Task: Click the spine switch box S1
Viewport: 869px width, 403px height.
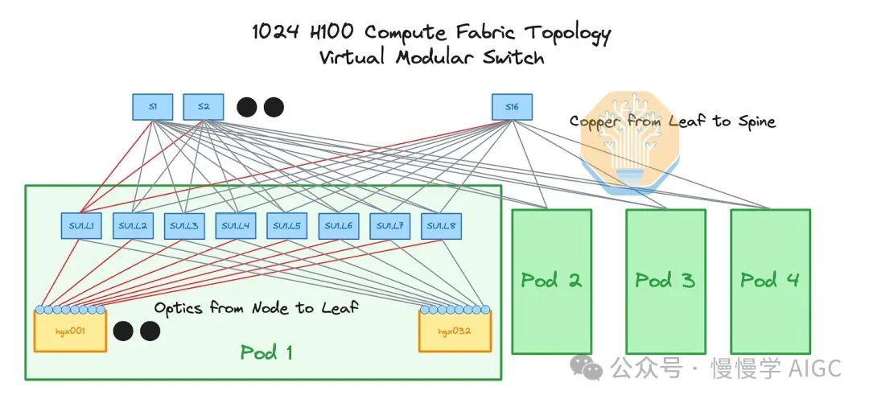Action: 152,107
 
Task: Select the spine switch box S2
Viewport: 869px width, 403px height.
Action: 204,107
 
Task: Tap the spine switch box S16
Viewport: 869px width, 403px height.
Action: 512,107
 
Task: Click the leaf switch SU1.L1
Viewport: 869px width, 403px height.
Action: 81,226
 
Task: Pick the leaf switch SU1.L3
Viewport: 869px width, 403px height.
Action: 184,226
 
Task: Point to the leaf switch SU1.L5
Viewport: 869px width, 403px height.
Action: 287,226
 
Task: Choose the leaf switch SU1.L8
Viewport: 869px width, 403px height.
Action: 441,226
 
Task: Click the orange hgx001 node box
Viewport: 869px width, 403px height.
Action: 70,331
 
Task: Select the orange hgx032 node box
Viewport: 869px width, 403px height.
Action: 455,331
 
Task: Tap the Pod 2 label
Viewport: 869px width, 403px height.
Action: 551,280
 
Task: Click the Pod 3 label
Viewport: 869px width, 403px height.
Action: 665,280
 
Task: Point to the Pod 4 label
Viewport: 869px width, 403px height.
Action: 770,280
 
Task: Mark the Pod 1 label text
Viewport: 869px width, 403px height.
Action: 266,352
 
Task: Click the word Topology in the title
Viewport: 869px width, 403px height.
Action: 567,33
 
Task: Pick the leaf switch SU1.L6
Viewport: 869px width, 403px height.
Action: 339,226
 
